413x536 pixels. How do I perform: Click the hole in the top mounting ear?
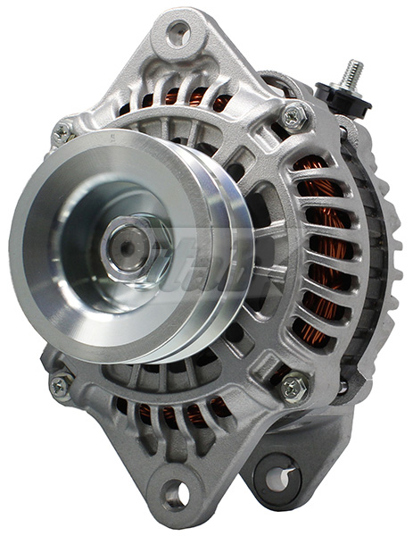point(178,34)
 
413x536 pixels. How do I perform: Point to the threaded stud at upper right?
point(353,73)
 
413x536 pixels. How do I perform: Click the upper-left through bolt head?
point(62,133)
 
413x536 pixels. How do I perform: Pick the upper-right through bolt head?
point(293,115)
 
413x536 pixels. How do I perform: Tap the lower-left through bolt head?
point(61,386)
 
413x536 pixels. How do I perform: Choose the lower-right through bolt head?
point(293,386)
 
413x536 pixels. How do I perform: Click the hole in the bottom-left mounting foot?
point(176,492)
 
